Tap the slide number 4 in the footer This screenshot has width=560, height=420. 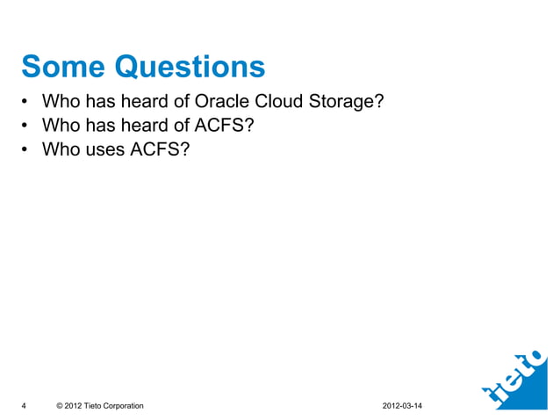point(24,405)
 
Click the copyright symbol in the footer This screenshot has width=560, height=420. point(59,405)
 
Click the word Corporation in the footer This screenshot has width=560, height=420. point(125,405)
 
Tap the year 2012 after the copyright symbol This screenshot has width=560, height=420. point(74,405)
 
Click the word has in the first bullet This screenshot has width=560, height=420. point(98,103)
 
